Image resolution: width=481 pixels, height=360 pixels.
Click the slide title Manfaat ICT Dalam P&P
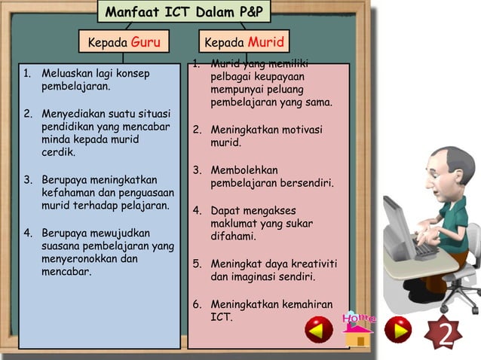point(184,13)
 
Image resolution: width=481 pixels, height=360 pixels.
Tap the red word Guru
point(146,43)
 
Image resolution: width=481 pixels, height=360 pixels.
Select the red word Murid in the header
point(266,43)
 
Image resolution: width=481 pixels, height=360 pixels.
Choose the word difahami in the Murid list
point(233,236)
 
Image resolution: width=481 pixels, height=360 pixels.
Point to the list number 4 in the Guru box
point(26,233)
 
